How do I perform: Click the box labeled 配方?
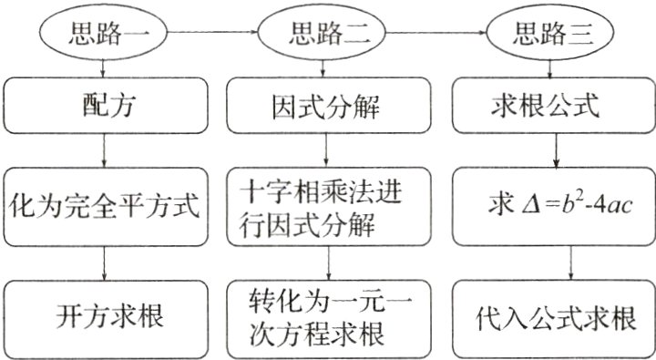(x=108, y=107)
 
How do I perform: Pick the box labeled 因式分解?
(x=326, y=107)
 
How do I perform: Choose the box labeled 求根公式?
(x=551, y=107)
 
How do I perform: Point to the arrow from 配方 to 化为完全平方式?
(x=108, y=150)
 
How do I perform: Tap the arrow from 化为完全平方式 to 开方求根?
(x=108, y=264)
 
